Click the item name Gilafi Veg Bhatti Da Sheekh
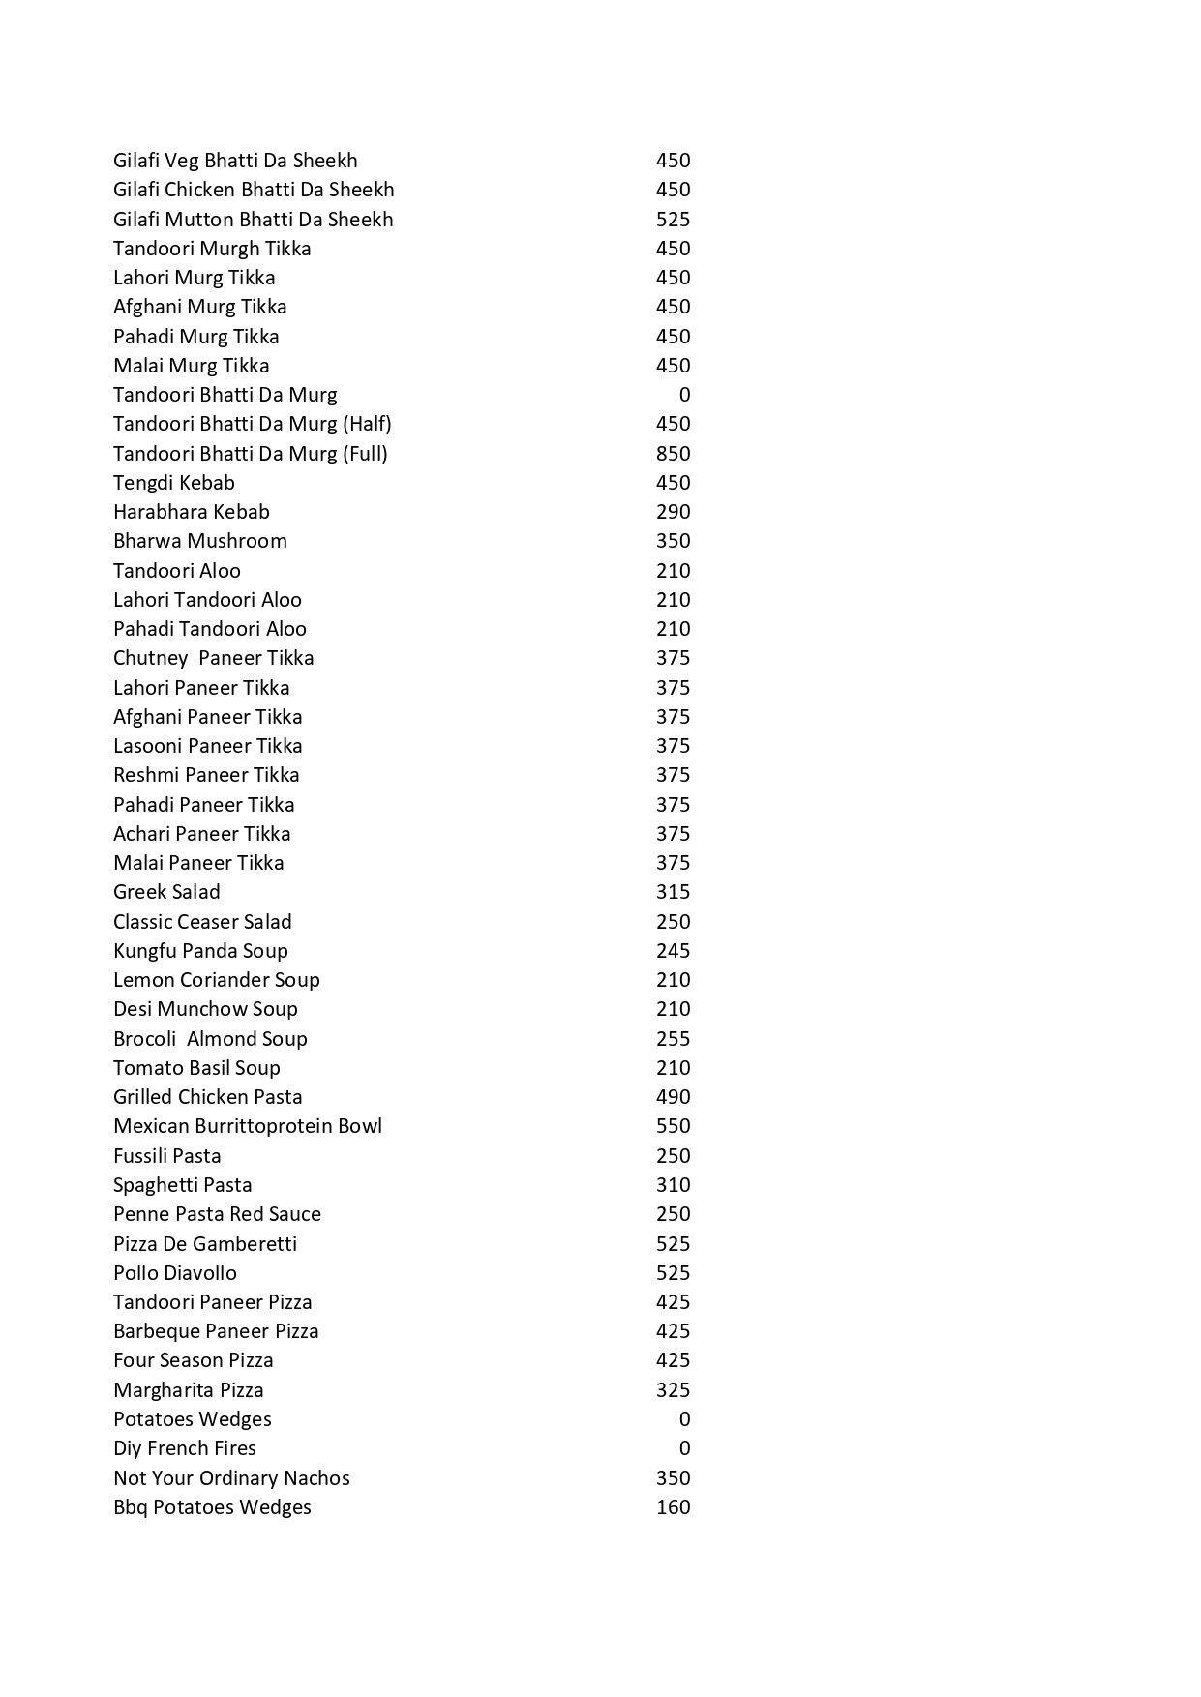(x=235, y=161)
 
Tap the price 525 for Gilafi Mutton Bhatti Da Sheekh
(x=673, y=220)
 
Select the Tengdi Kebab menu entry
(x=174, y=483)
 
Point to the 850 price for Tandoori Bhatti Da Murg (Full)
(x=673, y=454)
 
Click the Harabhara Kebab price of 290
(x=673, y=512)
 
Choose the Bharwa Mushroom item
(x=200, y=541)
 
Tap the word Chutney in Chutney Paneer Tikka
(x=150, y=658)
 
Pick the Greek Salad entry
(x=166, y=892)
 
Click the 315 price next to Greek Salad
(x=673, y=892)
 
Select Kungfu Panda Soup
(x=200, y=951)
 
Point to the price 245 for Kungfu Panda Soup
(x=673, y=951)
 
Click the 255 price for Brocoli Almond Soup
(x=673, y=1039)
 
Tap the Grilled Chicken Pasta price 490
(x=673, y=1097)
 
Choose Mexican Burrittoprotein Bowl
(x=248, y=1126)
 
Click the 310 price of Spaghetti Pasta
(x=673, y=1185)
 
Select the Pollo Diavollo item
(x=175, y=1273)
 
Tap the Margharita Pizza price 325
(x=673, y=1390)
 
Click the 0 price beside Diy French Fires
(x=684, y=1448)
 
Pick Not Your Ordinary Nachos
(x=231, y=1478)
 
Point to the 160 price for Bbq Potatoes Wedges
(x=673, y=1507)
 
